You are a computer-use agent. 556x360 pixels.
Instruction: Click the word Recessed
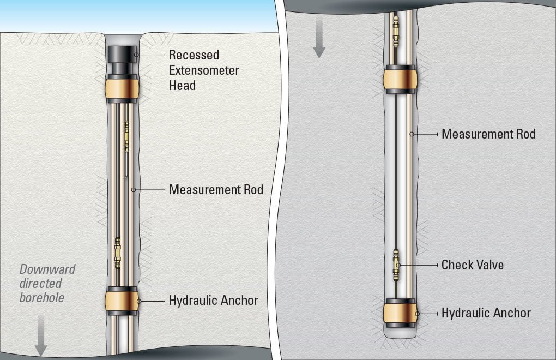tap(194, 55)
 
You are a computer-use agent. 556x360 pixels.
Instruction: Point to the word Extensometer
tap(204, 70)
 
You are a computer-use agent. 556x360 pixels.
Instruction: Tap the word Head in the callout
tap(182, 86)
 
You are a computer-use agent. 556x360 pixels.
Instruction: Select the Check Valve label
tap(472, 265)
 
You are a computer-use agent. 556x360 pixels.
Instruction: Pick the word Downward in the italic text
tap(47, 269)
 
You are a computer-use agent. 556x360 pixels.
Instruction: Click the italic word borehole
tap(41, 298)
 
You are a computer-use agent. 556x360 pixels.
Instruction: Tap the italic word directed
tap(40, 284)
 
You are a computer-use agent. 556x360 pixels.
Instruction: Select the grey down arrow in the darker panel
tap(319, 39)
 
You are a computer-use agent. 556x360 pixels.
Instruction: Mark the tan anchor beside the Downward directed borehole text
tap(122, 301)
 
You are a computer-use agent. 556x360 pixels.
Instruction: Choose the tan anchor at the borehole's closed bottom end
tap(401, 313)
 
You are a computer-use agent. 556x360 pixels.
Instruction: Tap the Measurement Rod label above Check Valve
tap(488, 134)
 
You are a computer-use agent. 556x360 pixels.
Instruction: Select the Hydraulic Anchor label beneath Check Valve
tap(486, 313)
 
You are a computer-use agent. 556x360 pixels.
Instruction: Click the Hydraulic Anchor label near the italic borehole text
tap(214, 301)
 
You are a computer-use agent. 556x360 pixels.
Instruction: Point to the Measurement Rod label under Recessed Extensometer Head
tap(216, 190)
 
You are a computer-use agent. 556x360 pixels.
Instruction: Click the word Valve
tap(488, 265)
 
